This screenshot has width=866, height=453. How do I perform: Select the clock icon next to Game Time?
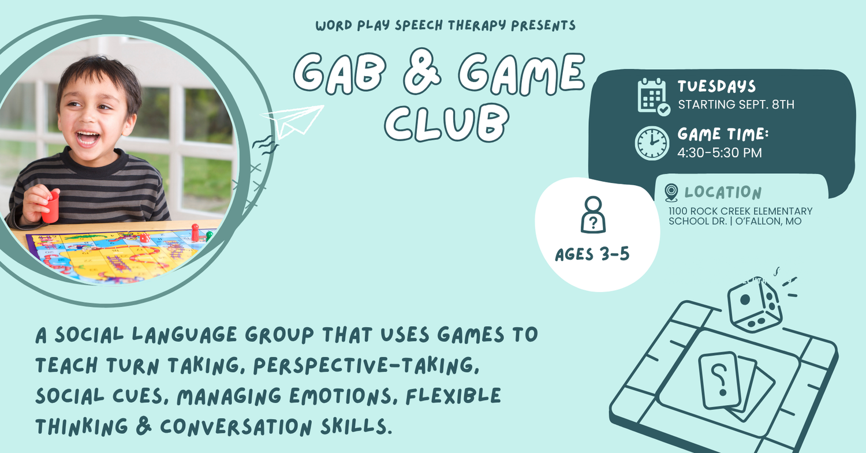click(652, 143)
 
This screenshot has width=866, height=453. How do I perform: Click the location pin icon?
click(671, 193)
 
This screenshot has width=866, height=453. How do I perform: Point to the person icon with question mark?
click(593, 215)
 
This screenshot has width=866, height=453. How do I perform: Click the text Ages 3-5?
click(592, 254)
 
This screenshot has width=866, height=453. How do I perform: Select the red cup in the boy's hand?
click(50, 207)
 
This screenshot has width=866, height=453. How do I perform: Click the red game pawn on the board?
click(195, 233)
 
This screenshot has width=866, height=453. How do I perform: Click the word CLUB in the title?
click(447, 123)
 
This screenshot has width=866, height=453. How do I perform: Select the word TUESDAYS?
click(716, 86)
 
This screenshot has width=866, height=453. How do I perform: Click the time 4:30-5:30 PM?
click(719, 153)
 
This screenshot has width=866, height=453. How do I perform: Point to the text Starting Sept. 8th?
click(736, 104)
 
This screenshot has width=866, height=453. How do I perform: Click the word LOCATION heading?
click(723, 192)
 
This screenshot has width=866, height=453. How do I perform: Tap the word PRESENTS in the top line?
click(543, 25)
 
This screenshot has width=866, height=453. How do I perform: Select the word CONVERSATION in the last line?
click(236, 426)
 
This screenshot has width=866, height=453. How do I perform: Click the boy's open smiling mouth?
click(87, 138)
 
